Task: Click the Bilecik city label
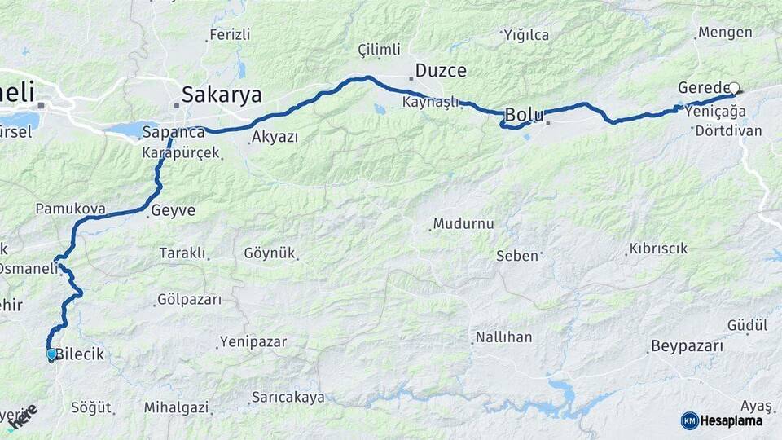(x=79, y=354)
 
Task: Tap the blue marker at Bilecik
(x=51, y=354)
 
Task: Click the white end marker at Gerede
(x=734, y=88)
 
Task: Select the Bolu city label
(x=525, y=115)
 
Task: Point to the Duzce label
(x=441, y=71)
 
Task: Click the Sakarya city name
(x=222, y=95)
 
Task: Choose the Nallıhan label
(x=503, y=337)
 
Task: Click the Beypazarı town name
(x=687, y=346)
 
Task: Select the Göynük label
(x=270, y=253)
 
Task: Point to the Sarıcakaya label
(x=288, y=398)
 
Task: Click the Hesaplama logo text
(x=731, y=420)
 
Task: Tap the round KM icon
(x=689, y=420)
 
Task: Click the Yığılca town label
(x=525, y=35)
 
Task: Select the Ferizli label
(x=230, y=35)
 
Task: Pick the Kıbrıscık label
(x=658, y=249)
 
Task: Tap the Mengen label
(x=723, y=33)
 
